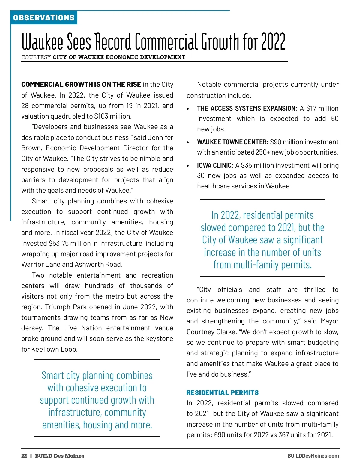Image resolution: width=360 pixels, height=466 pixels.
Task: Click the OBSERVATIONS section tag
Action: pos(44,18)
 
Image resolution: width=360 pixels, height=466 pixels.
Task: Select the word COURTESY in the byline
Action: pos(36,57)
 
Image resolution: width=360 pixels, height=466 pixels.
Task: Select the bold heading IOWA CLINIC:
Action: pos(215,165)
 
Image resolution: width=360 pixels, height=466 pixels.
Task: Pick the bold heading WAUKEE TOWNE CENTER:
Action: pos(232,142)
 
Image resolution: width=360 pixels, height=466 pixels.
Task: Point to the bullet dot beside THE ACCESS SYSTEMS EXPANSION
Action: pos(188,109)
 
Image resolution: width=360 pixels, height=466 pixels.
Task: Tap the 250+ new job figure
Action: pos(263,152)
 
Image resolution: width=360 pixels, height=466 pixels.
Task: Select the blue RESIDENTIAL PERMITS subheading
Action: pos(223,392)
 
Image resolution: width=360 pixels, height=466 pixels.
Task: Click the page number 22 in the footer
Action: pos(24,456)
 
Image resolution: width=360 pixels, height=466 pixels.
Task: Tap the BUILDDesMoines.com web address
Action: pos(313,456)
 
